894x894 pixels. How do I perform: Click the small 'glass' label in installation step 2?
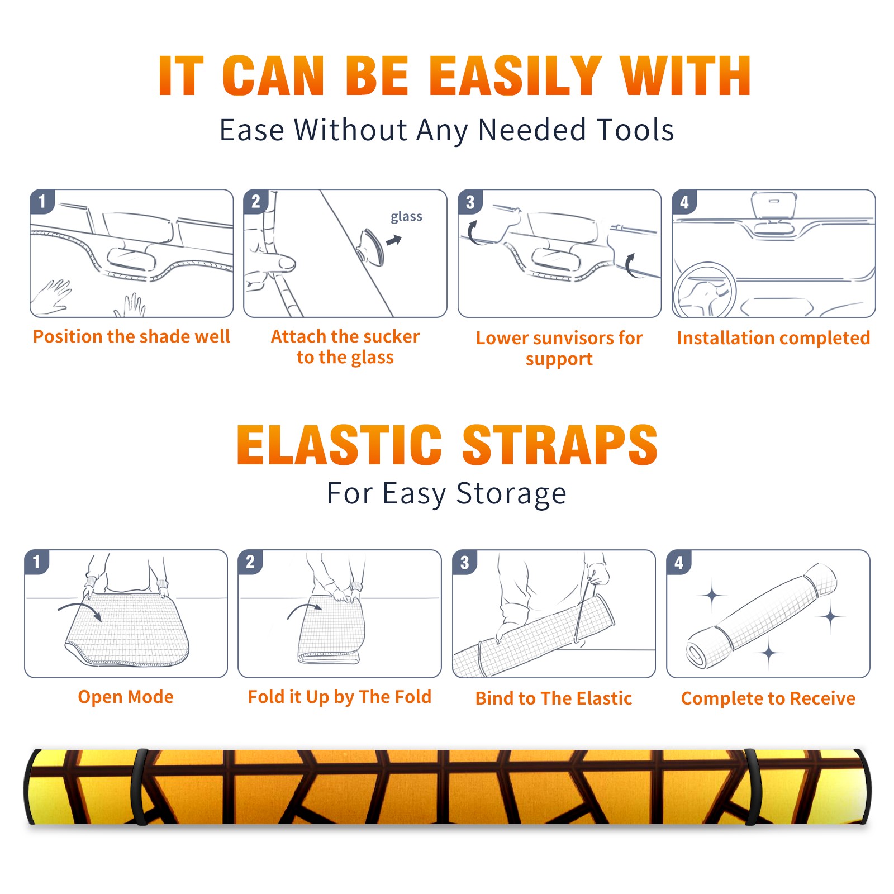pyautogui.click(x=406, y=217)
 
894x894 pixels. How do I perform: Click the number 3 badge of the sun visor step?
pyautogui.click(x=470, y=202)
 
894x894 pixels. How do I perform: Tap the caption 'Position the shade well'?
pyautogui.click(x=131, y=336)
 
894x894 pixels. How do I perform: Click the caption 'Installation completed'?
pyautogui.click(x=773, y=337)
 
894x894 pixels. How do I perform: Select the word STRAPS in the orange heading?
pyautogui.click(x=560, y=445)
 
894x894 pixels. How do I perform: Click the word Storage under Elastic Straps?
pyautogui.click(x=511, y=494)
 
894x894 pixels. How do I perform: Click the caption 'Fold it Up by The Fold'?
pyautogui.click(x=340, y=697)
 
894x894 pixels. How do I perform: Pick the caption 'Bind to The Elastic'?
pyautogui.click(x=554, y=698)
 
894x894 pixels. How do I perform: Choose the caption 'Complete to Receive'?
pyautogui.click(x=768, y=698)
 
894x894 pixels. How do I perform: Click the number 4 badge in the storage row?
pyautogui.click(x=679, y=562)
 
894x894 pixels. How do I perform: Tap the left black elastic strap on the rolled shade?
pyautogui.click(x=140, y=787)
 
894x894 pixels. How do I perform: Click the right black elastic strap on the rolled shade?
pyautogui.click(x=752, y=787)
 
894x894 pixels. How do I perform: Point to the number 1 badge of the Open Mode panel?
pyautogui.click(x=37, y=562)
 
